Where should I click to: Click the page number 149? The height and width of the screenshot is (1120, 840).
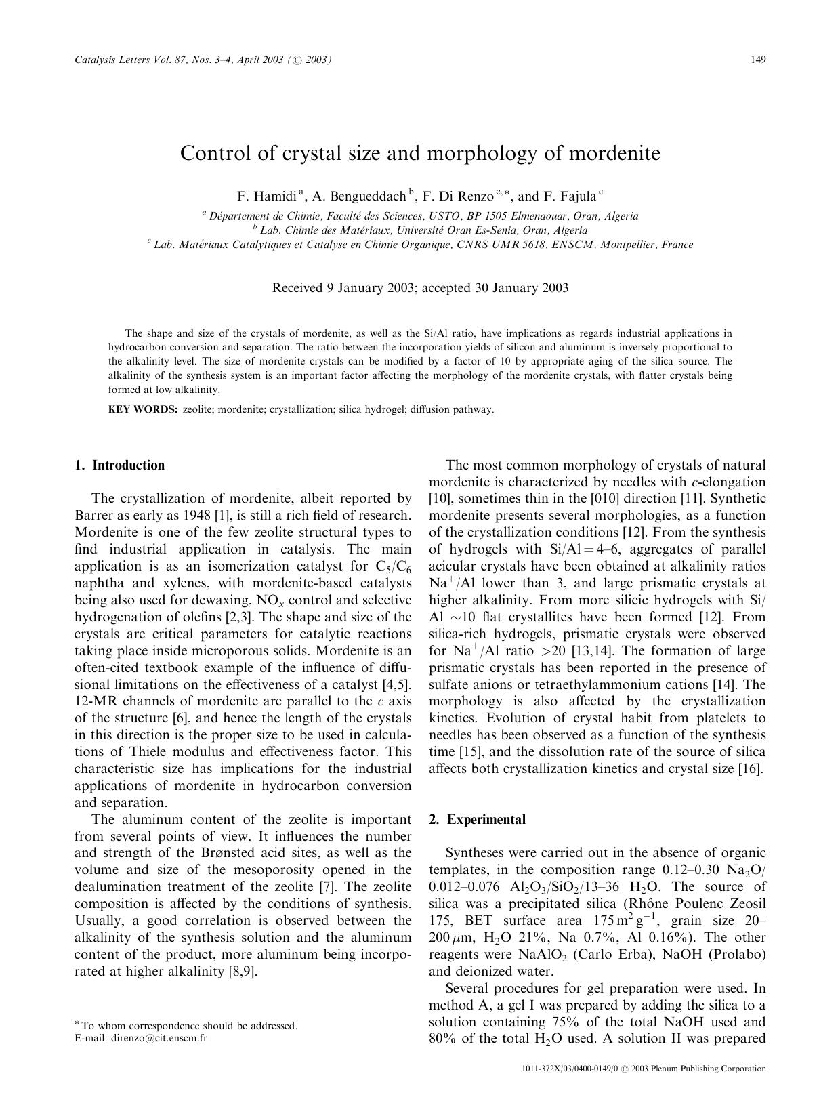(758, 60)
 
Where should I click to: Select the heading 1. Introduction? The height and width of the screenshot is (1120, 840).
(119, 465)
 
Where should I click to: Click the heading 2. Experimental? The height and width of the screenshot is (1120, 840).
(477, 820)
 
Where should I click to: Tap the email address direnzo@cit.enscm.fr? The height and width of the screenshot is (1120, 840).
(159, 1038)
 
